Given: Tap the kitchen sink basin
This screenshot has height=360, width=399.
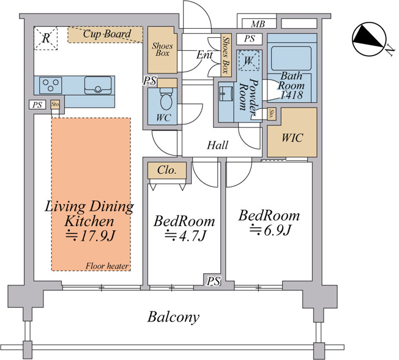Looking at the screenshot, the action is (98, 85).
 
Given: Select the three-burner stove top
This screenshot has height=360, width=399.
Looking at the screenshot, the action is (50, 85).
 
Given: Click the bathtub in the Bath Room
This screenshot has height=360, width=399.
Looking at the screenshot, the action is (292, 58).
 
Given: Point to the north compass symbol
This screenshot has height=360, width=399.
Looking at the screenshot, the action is (371, 39).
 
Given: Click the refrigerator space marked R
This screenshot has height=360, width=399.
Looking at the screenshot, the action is (46, 38).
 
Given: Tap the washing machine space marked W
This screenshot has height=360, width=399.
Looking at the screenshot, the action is (248, 61).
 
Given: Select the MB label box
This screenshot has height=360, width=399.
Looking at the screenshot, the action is (258, 24).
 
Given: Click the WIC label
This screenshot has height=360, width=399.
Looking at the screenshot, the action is (292, 138).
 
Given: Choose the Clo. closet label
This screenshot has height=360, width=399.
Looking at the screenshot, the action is (167, 170).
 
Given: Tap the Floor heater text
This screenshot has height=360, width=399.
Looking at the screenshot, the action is (106, 266).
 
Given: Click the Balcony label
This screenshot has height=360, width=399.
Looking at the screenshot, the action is (174, 317).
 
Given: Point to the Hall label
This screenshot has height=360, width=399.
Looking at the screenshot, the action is (217, 145).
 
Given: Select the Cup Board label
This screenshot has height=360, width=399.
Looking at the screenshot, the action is (107, 34).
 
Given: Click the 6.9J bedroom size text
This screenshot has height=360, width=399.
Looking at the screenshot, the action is (270, 230).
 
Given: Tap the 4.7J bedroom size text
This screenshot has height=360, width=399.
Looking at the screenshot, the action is (185, 236).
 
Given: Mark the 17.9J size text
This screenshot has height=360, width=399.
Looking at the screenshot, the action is (91, 236).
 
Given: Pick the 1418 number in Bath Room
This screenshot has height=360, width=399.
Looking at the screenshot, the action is (292, 95).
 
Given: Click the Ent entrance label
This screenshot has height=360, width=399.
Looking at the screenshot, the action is (204, 54).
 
